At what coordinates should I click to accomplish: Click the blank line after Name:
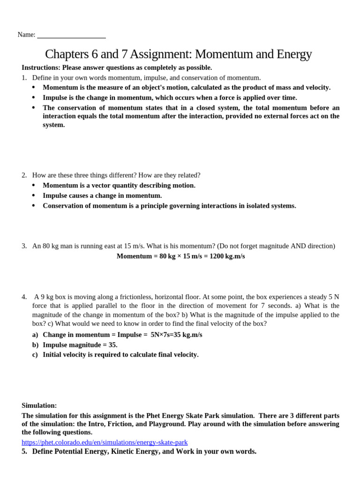pos(71,36)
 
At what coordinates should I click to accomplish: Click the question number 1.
pos(24,78)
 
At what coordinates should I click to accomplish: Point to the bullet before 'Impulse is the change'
pos(33,97)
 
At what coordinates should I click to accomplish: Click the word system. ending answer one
pos(54,125)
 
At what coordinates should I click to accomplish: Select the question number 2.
pos(24,175)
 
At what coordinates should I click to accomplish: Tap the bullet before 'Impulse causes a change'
pos(33,195)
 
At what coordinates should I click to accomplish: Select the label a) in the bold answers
pos(35,335)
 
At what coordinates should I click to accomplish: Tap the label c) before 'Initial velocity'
pos(35,355)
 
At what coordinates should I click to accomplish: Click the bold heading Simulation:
pos(39,405)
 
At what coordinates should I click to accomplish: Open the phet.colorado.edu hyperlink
pos(105,442)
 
